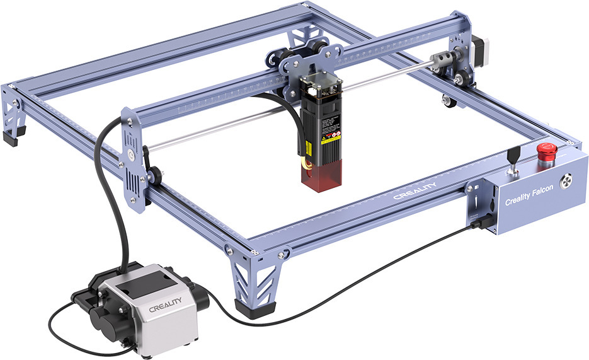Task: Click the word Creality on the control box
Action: click(517, 202)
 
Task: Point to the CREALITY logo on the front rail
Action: click(413, 193)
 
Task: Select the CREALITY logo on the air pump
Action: click(164, 308)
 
